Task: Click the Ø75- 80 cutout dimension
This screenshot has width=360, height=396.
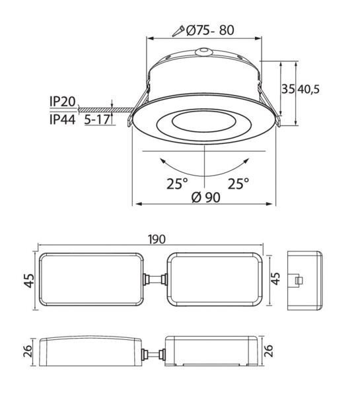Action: point(210,30)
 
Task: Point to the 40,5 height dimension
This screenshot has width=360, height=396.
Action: point(308,89)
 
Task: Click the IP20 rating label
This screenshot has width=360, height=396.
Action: point(63,102)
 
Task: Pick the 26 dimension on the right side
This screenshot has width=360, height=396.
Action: point(269,350)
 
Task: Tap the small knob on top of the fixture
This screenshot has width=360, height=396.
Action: point(205,50)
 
